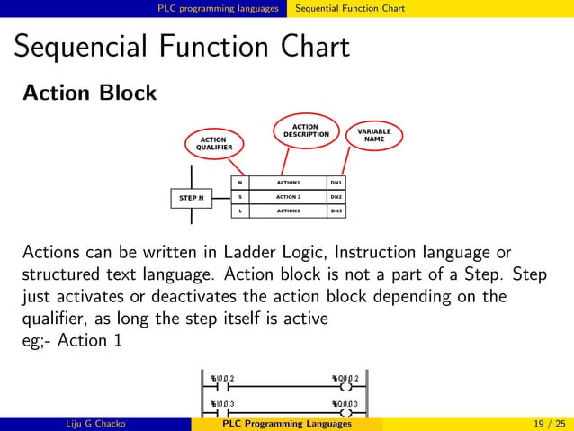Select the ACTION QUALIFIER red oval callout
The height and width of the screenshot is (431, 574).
[x=213, y=144]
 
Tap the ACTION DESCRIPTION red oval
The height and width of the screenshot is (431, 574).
[x=306, y=131]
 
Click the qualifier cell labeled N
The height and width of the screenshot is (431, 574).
[x=239, y=183]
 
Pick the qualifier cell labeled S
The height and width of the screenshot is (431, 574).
[x=239, y=197]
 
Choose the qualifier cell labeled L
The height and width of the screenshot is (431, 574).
[x=239, y=211]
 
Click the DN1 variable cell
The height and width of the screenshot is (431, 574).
[x=336, y=183]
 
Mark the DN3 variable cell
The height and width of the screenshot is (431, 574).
[x=336, y=211]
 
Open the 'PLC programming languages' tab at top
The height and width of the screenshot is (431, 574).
[x=219, y=8]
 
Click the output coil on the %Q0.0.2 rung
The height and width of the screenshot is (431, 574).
[x=346, y=388]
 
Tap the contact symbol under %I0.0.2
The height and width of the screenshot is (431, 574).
[x=221, y=388]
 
